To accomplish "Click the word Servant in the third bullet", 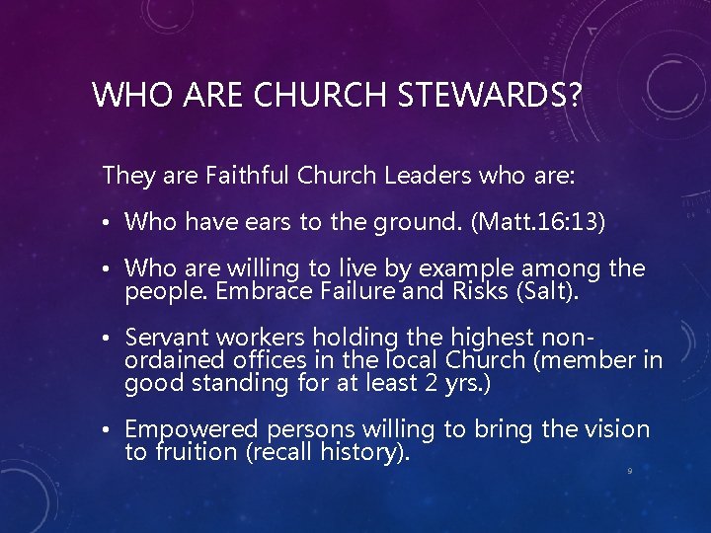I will (165, 339).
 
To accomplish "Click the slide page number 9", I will (630, 471).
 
